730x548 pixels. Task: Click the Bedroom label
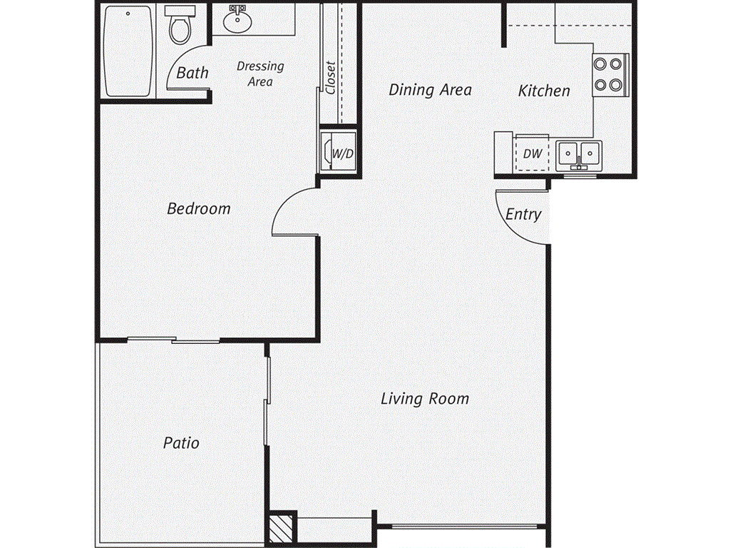coord(199,208)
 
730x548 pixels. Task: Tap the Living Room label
coord(425,399)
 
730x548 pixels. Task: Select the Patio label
coord(181,442)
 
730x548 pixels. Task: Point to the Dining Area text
coord(430,89)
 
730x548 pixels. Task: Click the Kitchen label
coord(544,91)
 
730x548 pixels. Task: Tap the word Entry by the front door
coord(523,214)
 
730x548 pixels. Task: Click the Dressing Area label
coord(260,73)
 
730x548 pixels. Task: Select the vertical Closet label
coord(331,77)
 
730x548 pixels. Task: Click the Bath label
coord(192,73)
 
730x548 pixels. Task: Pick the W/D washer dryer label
coord(343,153)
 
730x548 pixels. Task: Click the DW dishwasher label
coord(533,153)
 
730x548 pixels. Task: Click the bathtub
coord(128,51)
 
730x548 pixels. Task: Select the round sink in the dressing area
coord(237,19)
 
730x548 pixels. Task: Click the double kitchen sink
coord(579,154)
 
